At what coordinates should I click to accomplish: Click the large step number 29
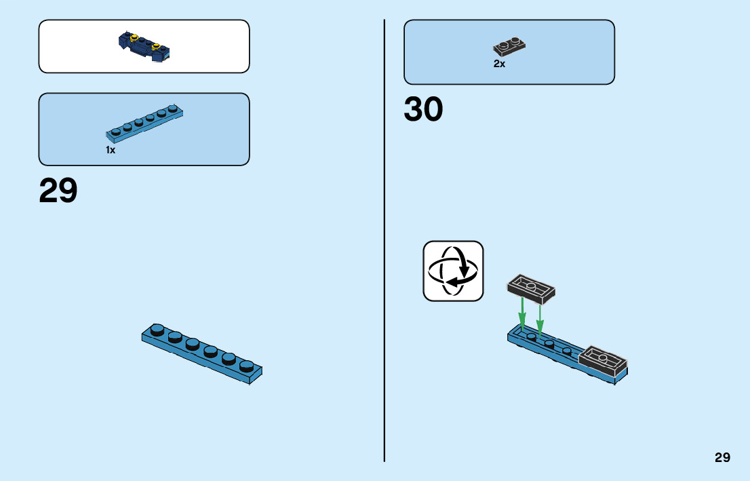(58, 191)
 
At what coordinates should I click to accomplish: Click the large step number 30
(423, 109)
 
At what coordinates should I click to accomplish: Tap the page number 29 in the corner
(722, 457)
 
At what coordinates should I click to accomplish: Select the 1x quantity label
(111, 150)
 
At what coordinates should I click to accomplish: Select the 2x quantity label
(499, 64)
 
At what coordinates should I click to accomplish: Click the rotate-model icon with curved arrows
(453, 271)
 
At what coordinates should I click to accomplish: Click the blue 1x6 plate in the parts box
(144, 122)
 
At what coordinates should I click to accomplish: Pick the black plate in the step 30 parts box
(509, 47)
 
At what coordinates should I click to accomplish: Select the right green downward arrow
(540, 315)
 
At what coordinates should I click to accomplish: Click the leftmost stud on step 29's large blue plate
(157, 330)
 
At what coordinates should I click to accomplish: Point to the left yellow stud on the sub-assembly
(134, 37)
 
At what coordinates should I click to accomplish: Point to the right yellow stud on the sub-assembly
(155, 47)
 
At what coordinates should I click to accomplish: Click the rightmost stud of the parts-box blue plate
(173, 108)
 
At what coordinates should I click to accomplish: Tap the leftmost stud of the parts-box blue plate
(116, 130)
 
